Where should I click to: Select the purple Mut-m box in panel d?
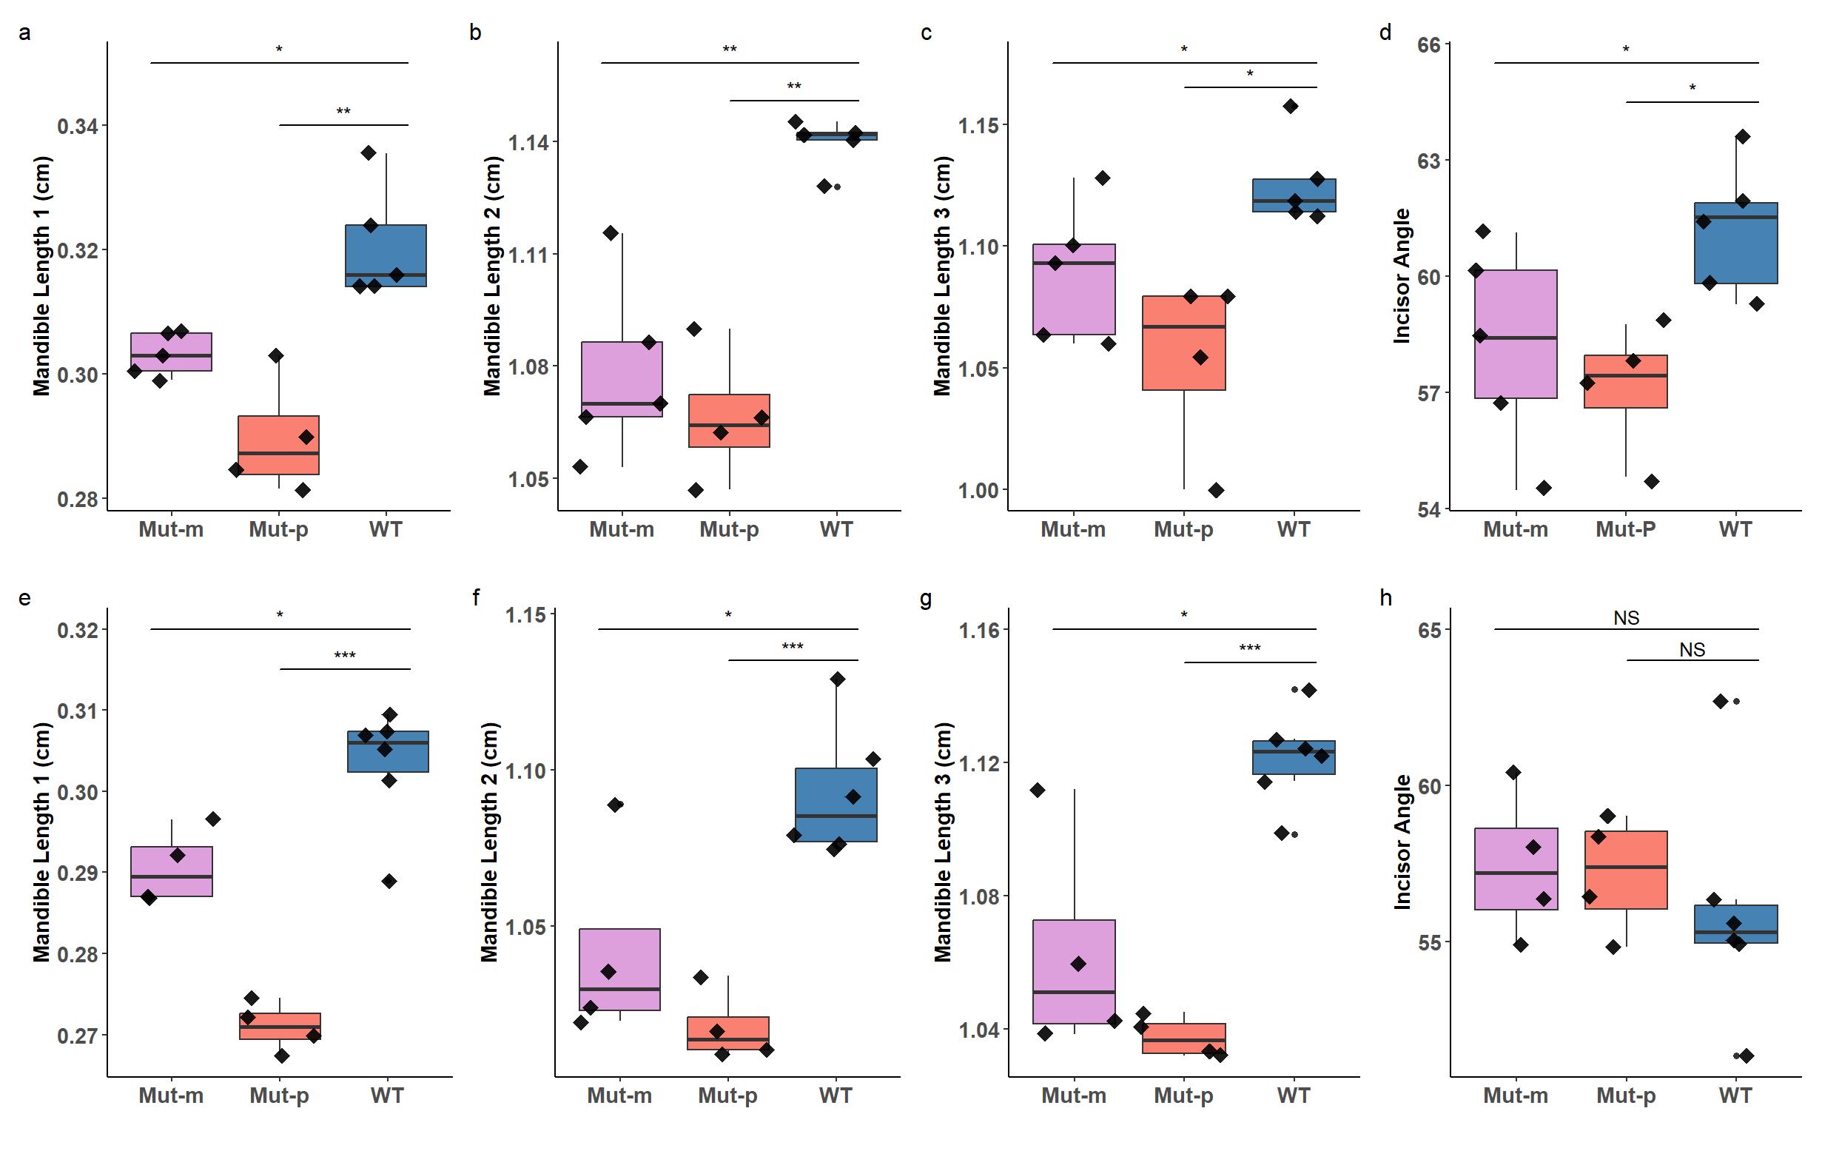[x=1516, y=334]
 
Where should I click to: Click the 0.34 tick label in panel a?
[x=77, y=126]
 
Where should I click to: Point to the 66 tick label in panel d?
[x=1429, y=45]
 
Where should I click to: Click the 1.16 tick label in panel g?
[x=978, y=630]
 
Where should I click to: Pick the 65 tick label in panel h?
[x=1429, y=630]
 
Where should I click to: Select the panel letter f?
[x=476, y=598]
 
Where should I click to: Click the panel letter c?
[x=926, y=33]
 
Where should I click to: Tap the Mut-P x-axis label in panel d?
[x=1625, y=529]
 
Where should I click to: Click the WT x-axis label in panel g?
[x=1293, y=1095]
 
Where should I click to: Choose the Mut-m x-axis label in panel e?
[x=171, y=1095]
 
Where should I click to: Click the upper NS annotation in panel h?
[x=1626, y=618]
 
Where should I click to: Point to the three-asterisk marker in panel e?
[x=344, y=655]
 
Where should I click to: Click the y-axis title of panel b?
[x=492, y=276]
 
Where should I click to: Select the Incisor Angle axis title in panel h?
[x=1402, y=842]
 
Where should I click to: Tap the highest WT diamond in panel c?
[x=1291, y=106]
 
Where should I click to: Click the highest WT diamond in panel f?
[x=837, y=679]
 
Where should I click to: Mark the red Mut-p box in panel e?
[x=279, y=1026]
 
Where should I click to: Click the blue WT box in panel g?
[x=1293, y=756]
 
